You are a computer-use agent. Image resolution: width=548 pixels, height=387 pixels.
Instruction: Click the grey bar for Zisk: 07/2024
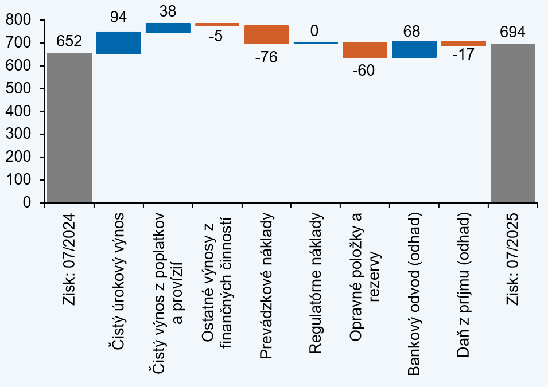tap(69, 128)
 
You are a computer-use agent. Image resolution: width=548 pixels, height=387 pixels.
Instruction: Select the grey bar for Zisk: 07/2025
tap(513, 123)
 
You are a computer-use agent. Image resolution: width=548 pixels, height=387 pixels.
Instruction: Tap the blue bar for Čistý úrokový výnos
tap(119, 43)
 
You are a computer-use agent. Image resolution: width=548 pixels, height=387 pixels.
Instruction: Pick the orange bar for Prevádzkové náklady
tap(266, 35)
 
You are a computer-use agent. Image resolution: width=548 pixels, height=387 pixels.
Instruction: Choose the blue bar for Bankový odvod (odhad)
tap(414, 49)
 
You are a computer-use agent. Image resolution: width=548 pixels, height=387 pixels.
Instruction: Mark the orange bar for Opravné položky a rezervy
tap(365, 50)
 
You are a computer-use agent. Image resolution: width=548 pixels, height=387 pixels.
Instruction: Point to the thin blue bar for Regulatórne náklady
tap(316, 42)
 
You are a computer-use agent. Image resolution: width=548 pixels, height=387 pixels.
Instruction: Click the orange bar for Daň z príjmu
tap(464, 44)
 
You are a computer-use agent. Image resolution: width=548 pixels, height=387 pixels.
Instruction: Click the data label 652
tap(69, 41)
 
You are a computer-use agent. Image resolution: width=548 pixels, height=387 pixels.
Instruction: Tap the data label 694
tap(513, 32)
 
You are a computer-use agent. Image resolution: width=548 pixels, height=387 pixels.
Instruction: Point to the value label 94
tap(119, 18)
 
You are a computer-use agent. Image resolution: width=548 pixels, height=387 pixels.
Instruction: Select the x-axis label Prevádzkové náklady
tap(266, 287)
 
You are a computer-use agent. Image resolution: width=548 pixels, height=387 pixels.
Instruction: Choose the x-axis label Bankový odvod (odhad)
tap(414, 295)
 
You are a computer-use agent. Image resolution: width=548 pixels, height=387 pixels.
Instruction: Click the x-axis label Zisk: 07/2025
tap(512, 259)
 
